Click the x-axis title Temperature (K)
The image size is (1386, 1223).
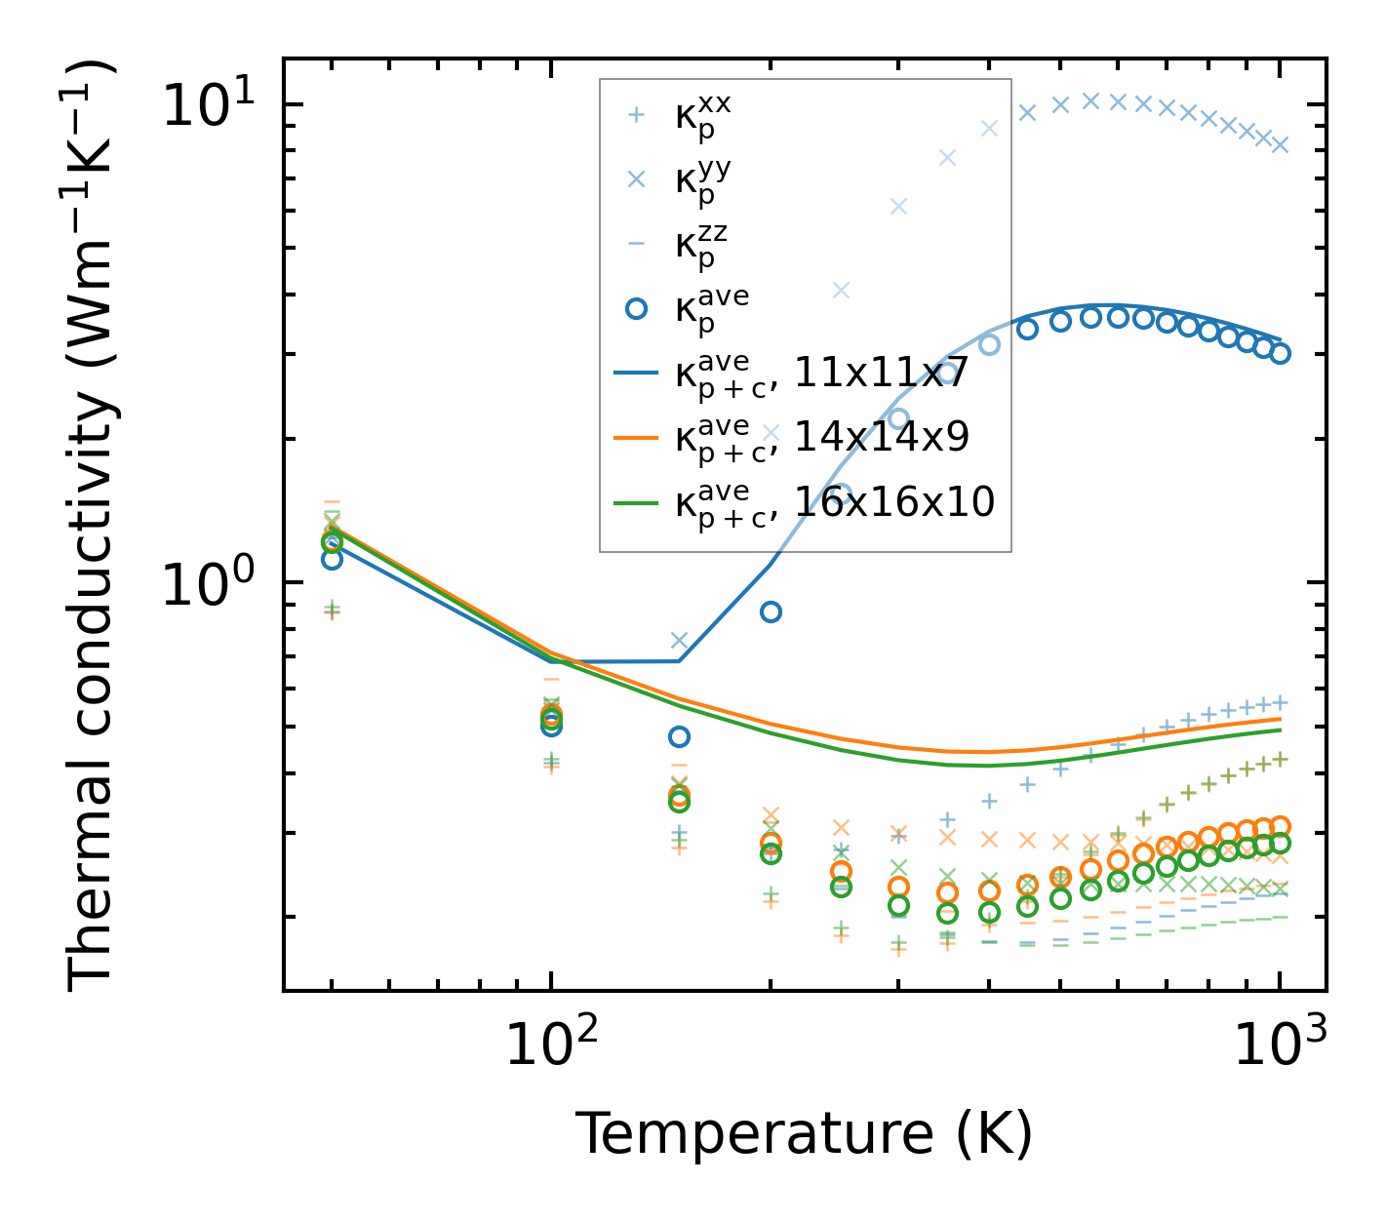tap(804, 1133)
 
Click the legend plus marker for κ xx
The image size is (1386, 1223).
tap(636, 115)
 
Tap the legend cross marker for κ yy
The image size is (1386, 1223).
tap(636, 178)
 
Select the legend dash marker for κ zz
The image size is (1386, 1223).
tap(636, 244)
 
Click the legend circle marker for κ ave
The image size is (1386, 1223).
tap(636, 308)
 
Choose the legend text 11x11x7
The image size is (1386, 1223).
tap(881, 373)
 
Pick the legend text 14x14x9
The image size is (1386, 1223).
tap(882, 437)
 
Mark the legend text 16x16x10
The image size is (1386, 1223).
tap(894, 501)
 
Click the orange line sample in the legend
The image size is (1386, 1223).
tap(636, 438)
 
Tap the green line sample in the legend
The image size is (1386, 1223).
tap(636, 502)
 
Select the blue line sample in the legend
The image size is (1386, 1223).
tap(636, 373)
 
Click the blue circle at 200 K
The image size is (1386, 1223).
tap(771, 611)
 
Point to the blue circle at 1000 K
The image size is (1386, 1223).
tap(1280, 353)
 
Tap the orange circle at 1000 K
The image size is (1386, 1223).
tap(1280, 826)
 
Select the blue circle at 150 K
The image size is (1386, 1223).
tap(679, 736)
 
